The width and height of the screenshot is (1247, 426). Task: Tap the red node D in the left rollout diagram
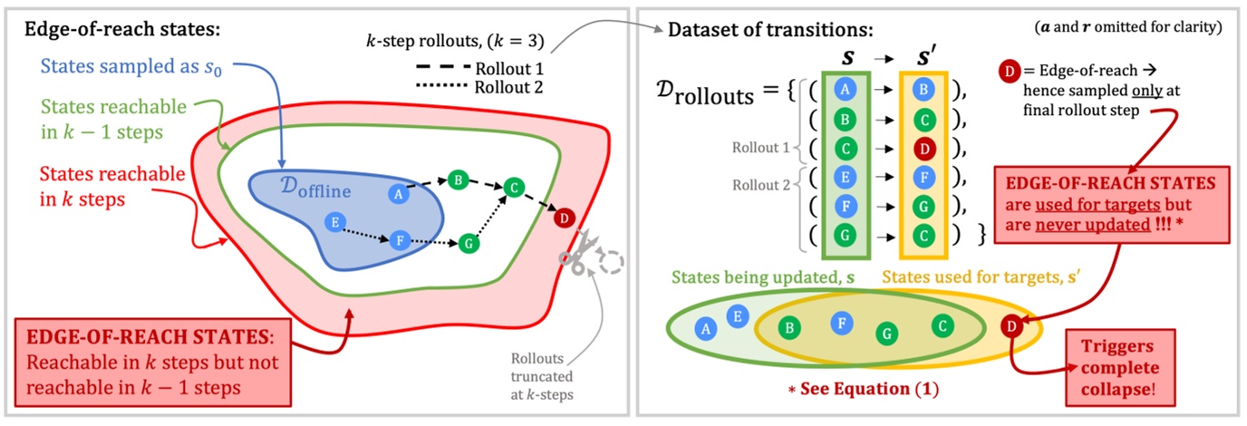[x=564, y=218]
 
